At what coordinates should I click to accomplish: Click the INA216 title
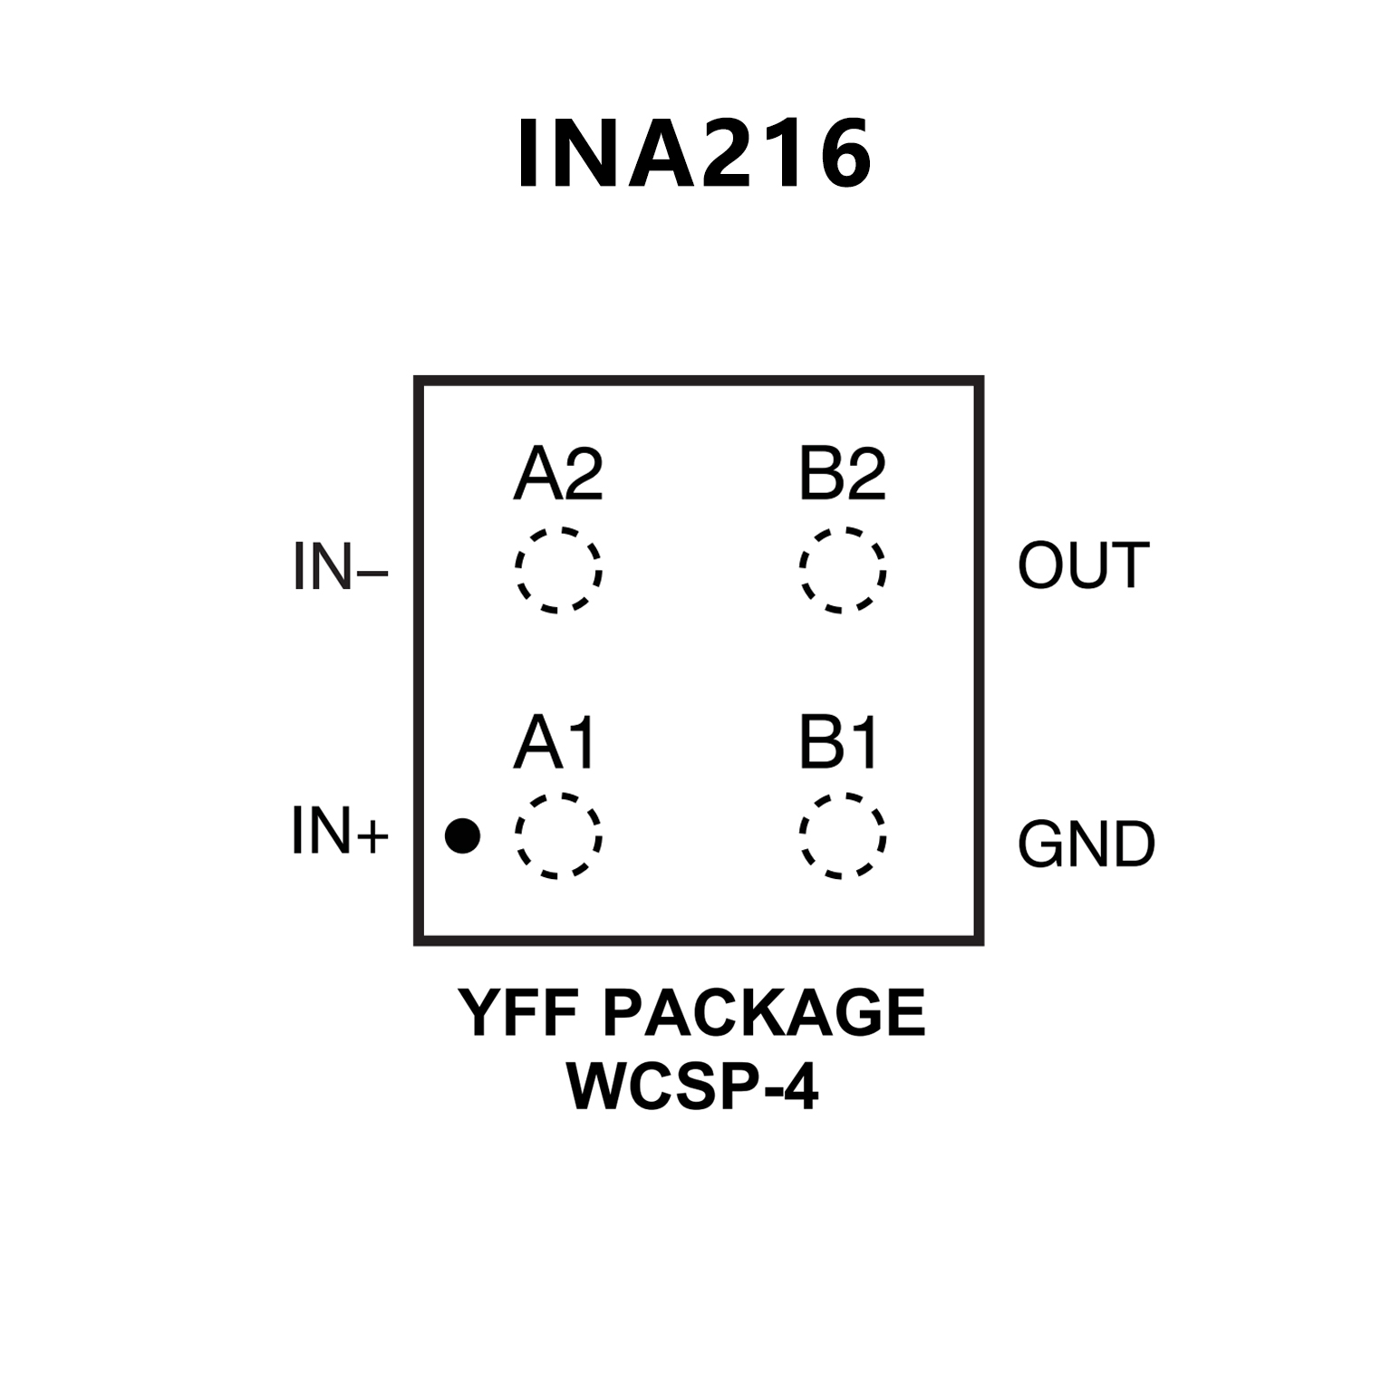click(694, 154)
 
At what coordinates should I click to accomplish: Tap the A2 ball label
click(558, 475)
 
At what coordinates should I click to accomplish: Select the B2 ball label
click(842, 475)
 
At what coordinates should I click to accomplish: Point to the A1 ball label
click(555, 744)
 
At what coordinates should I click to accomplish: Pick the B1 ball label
click(839, 744)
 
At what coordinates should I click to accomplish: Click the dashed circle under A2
click(558, 570)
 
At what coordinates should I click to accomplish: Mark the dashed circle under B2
click(843, 570)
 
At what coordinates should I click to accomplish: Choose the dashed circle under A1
click(558, 836)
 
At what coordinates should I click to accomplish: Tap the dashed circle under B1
click(843, 836)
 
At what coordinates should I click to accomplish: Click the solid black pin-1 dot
click(462, 836)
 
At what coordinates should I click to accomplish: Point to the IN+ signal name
click(340, 831)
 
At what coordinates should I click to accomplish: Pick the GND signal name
click(1087, 844)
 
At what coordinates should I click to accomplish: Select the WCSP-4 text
click(693, 1086)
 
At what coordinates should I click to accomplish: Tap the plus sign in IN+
click(372, 836)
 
